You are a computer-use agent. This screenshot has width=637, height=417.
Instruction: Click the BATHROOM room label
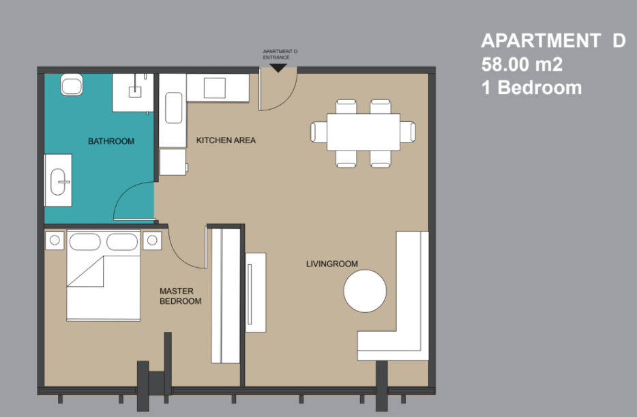tap(111, 141)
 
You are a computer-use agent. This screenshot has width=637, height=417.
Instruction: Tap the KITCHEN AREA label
tap(226, 140)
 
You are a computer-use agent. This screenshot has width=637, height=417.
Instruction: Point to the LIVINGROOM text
tap(332, 264)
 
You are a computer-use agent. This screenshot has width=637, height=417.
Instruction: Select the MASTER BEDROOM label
tap(180, 296)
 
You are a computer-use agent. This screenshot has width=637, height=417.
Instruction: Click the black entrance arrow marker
tap(278, 68)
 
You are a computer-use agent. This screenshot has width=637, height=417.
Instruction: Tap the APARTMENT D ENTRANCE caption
tap(280, 55)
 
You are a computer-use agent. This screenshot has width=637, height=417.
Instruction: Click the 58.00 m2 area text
tap(522, 65)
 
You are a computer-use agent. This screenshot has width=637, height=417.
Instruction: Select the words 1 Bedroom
tap(531, 88)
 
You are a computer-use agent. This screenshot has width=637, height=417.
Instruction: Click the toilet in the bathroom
tap(72, 85)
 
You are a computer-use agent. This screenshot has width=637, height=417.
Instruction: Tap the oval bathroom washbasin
tap(58, 181)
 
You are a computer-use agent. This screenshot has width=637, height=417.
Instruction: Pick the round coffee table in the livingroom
tap(365, 291)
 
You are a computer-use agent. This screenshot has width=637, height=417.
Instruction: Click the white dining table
tap(364, 132)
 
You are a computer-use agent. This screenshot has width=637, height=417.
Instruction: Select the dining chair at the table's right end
tap(407, 132)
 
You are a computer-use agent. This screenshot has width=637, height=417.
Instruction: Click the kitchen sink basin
tap(174, 108)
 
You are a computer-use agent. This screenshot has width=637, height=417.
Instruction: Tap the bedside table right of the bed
tap(152, 241)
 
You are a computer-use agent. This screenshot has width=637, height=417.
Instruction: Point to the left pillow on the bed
tap(85, 242)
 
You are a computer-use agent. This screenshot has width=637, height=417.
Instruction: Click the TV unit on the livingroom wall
tap(256, 292)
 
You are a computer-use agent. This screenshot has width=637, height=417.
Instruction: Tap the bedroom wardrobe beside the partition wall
tap(226, 296)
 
